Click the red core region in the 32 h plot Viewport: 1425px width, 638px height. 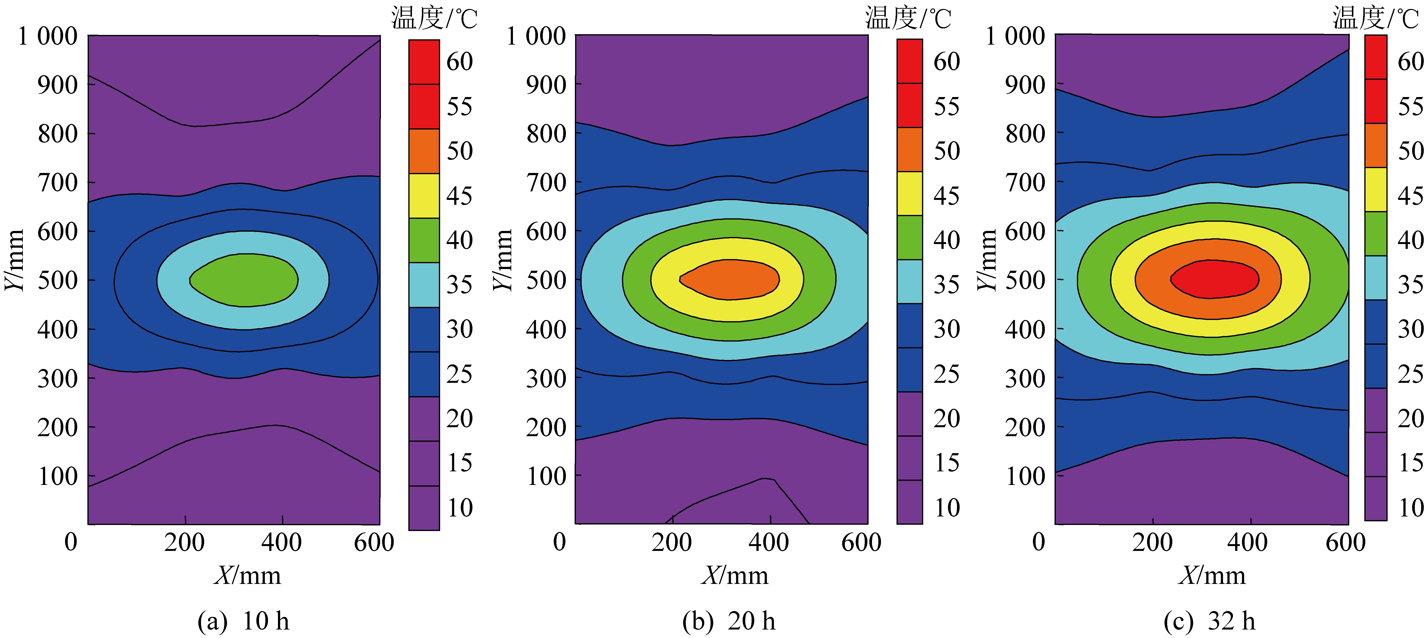(1214, 279)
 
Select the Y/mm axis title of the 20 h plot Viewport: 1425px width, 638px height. (502, 260)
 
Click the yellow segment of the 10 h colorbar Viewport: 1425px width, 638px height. (424, 196)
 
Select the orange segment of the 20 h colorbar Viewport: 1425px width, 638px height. (909, 149)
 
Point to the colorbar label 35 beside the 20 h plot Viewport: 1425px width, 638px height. (947, 285)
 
